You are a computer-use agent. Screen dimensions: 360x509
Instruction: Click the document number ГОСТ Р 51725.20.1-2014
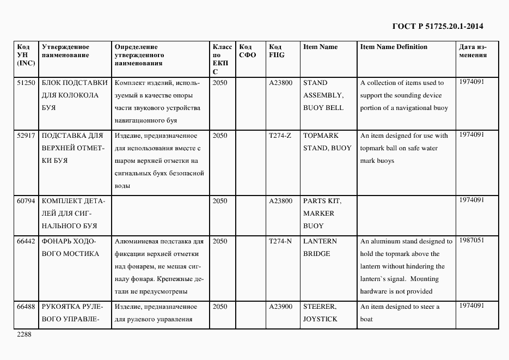(x=437, y=26)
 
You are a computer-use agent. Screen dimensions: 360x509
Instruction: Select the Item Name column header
(x=320, y=47)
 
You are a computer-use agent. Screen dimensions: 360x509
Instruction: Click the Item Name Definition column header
(x=394, y=47)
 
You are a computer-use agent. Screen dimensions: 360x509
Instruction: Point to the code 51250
(x=26, y=83)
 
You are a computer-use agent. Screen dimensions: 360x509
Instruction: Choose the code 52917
(x=26, y=136)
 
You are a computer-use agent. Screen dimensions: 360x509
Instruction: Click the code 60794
(x=26, y=201)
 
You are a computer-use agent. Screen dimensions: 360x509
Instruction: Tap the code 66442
(x=26, y=241)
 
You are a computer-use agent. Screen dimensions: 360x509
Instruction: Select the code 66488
(x=26, y=307)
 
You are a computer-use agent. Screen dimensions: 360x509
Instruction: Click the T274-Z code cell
(x=280, y=136)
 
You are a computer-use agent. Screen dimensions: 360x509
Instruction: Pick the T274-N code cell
(x=280, y=241)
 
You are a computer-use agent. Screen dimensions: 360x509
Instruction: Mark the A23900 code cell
(x=280, y=307)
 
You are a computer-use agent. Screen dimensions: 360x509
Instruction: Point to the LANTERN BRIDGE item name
(x=320, y=247)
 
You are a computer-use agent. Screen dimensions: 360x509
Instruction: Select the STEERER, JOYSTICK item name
(x=320, y=313)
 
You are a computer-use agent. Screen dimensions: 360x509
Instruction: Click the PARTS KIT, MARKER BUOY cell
(x=322, y=213)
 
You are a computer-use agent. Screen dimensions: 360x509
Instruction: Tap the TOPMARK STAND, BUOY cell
(x=327, y=142)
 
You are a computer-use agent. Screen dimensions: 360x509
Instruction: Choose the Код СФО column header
(x=247, y=51)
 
